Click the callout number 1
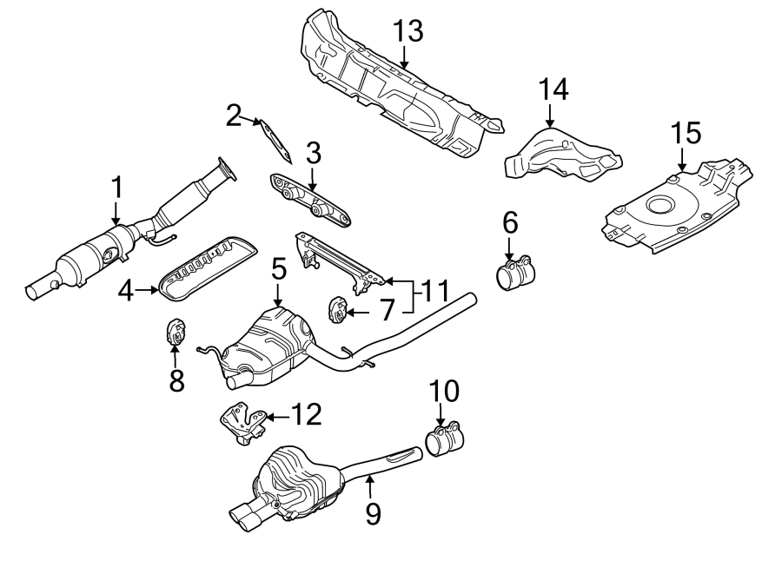(116, 188)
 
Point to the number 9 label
(372, 514)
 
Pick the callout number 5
(277, 270)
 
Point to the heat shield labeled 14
(563, 155)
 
